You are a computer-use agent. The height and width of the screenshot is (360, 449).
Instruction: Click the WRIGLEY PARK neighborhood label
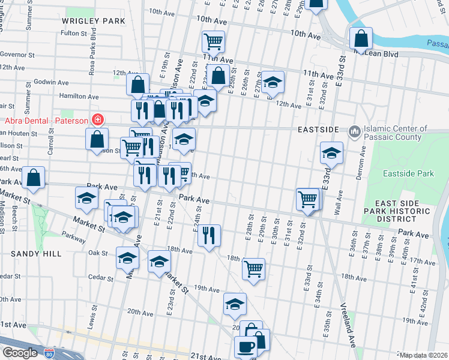click(x=94, y=21)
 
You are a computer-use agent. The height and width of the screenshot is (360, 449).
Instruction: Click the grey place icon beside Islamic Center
click(x=354, y=130)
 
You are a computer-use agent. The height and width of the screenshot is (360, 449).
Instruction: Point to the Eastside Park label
click(x=408, y=173)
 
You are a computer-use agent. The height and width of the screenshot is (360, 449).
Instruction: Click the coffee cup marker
click(x=246, y=346)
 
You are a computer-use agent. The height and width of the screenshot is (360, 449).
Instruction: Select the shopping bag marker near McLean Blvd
click(x=361, y=39)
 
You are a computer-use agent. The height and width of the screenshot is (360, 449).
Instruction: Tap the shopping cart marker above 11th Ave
click(x=213, y=41)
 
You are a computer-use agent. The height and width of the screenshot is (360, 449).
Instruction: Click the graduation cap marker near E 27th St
click(x=273, y=82)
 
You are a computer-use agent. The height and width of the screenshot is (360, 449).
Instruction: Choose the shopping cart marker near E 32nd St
click(x=308, y=198)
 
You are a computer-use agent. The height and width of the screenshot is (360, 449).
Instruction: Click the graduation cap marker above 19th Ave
click(x=235, y=304)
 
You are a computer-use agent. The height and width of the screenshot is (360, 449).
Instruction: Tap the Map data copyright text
click(x=424, y=355)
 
